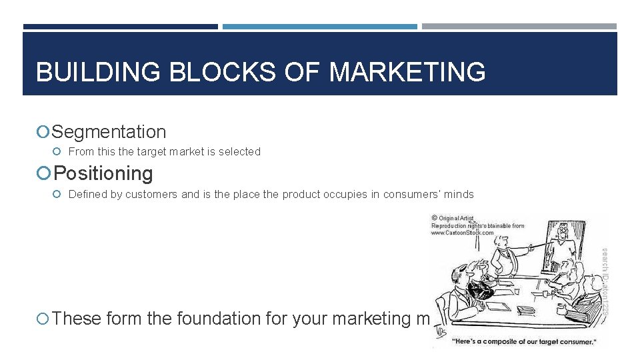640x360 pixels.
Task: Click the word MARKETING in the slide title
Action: pyautogui.click(x=407, y=72)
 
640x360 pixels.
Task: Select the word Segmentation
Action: pyautogui.click(x=109, y=132)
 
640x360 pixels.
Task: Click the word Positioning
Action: pyautogui.click(x=103, y=173)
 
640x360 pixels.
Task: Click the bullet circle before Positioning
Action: pyautogui.click(x=44, y=173)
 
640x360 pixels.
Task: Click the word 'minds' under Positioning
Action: pyautogui.click(x=459, y=195)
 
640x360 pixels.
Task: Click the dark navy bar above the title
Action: pyautogui.click(x=120, y=27)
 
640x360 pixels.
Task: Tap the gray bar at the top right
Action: pyautogui.click(x=519, y=27)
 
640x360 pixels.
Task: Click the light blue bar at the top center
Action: pyautogui.click(x=320, y=27)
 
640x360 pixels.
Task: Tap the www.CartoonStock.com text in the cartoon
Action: pyautogui.click(x=463, y=233)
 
